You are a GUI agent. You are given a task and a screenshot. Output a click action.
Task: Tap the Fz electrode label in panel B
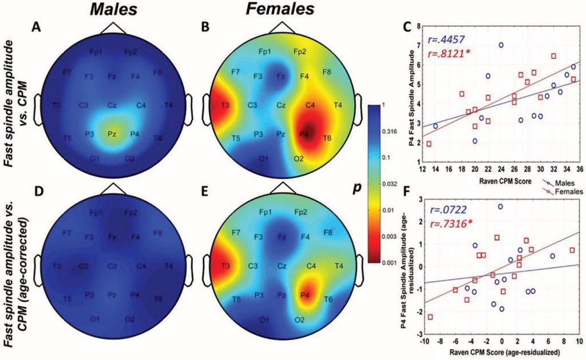(x=280, y=76)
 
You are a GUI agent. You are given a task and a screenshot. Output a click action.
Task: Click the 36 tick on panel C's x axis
(x=580, y=171)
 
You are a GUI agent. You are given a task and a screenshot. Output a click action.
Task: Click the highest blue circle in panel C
(x=501, y=45)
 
